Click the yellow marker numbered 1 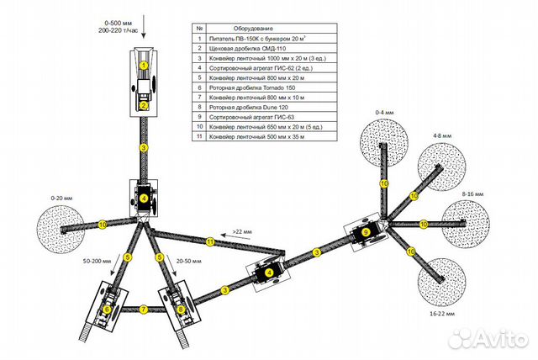point(144,64)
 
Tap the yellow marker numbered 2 point(144,106)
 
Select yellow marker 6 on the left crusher point(107,310)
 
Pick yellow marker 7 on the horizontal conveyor point(144,309)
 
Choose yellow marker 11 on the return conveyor point(211,241)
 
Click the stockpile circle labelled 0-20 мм point(63,225)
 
